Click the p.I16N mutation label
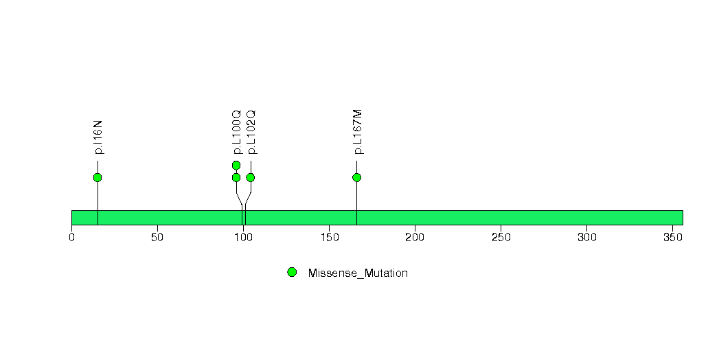pyautogui.click(x=98, y=137)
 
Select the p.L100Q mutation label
pyautogui.click(x=237, y=132)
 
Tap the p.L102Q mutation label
pyautogui.click(x=251, y=132)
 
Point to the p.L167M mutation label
pyautogui.click(x=358, y=132)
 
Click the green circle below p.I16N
pyautogui.click(x=98, y=177)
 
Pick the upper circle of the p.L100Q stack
pyautogui.click(x=236, y=165)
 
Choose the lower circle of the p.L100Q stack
pyautogui.click(x=236, y=177)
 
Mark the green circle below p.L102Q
pyautogui.click(x=251, y=177)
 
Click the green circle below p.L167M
pyautogui.click(x=356, y=177)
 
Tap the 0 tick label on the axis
pyautogui.click(x=71, y=238)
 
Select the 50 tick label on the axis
pyautogui.click(x=157, y=238)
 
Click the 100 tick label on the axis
pyautogui.click(x=244, y=238)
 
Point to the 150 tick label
pyautogui.click(x=329, y=238)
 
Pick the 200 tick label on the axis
pyautogui.click(x=415, y=238)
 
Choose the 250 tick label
pyautogui.click(x=501, y=238)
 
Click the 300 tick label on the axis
pyautogui.click(x=587, y=238)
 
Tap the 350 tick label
pyautogui.click(x=673, y=238)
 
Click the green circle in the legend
pyautogui.click(x=292, y=273)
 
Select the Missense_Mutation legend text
pyautogui.click(x=358, y=273)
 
